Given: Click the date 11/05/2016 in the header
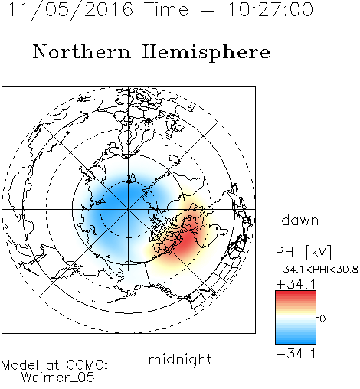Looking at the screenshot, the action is click(70, 9).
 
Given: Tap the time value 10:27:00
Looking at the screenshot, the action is click(270, 9).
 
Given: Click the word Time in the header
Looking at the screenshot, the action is click(166, 9).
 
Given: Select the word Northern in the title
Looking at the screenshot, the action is click(82, 51).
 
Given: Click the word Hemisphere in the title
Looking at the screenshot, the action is click(206, 53).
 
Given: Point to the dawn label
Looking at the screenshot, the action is click(300, 220).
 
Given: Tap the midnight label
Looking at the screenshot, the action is click(180, 359).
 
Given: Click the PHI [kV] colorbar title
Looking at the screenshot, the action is click(303, 252).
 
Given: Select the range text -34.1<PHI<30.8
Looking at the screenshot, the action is click(317, 270).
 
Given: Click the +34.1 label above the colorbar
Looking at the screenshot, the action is click(296, 284).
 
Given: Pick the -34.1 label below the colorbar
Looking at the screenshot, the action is click(296, 354).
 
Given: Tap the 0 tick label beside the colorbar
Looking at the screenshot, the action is click(322, 319).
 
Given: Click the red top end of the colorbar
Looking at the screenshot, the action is click(296, 293).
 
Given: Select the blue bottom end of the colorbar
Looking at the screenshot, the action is click(296, 342).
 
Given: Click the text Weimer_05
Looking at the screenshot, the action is click(58, 378).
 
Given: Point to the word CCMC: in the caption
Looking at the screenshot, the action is click(87, 365).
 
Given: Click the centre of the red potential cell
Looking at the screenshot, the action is click(186, 243).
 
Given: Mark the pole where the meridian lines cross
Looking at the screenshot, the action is click(129, 210).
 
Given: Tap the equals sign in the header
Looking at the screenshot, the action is click(208, 10).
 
